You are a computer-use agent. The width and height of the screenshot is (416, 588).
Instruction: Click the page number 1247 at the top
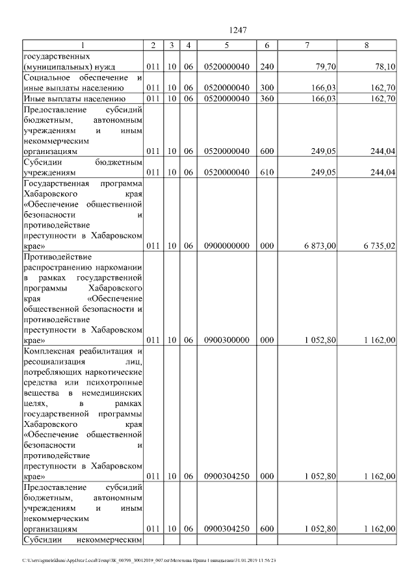237,30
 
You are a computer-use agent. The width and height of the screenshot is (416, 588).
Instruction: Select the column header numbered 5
226,45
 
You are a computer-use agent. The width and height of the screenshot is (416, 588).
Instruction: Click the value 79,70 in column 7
324,66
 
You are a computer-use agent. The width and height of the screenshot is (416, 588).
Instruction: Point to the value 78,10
385,66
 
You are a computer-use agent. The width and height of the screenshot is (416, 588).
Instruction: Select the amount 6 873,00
319,246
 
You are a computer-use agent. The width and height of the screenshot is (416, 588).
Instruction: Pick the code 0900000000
226,246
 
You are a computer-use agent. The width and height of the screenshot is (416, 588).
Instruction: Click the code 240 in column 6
266,66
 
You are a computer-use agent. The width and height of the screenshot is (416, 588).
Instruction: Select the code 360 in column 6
266,99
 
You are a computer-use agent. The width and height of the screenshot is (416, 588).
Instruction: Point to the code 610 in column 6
266,172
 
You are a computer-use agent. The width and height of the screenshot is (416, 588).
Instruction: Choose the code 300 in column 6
266,88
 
